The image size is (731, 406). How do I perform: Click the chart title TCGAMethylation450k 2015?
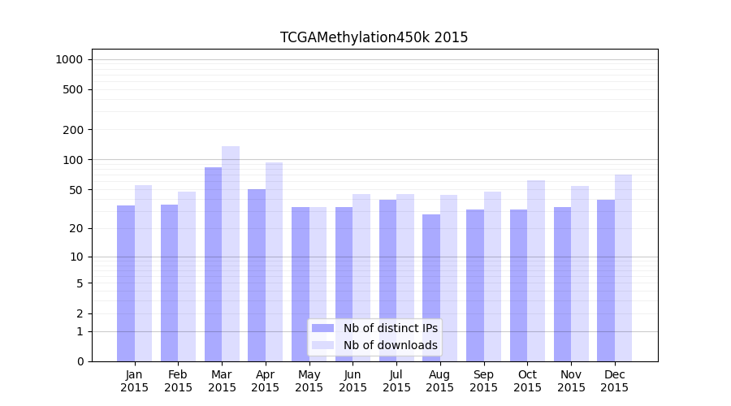[x=374, y=37]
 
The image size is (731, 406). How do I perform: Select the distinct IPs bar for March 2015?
[x=213, y=264]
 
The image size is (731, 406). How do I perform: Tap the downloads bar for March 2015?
[x=231, y=253]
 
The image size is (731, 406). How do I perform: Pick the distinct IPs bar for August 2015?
[x=431, y=287]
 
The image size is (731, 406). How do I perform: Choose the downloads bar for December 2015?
[x=623, y=268]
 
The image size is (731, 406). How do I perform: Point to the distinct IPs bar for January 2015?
[x=126, y=283]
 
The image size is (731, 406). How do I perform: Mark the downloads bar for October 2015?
[x=536, y=270]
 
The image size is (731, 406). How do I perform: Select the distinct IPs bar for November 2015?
[x=562, y=284]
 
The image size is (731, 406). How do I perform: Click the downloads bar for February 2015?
[x=187, y=276]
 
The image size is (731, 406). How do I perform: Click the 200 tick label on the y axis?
[x=73, y=130]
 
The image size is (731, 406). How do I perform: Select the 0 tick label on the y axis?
[x=80, y=361]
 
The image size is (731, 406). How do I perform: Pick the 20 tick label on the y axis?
[x=76, y=228]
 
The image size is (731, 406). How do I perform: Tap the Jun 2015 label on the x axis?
[x=353, y=381]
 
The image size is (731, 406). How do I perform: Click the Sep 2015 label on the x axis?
[x=483, y=381]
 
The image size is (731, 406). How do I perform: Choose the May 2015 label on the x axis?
[x=309, y=381]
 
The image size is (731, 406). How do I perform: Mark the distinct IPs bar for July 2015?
[x=387, y=280]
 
